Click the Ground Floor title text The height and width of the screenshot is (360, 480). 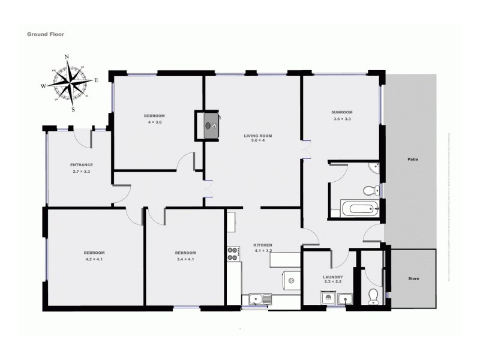pos(46,34)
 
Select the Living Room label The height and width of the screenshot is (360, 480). pos(257,136)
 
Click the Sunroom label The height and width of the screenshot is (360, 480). pos(341,112)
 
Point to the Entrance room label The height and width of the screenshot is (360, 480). pos(81,165)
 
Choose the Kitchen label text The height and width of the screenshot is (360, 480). pos(263,245)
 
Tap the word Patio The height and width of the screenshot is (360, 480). pos(412,160)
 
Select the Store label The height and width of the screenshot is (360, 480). pos(413,279)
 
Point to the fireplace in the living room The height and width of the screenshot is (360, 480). pos(209,125)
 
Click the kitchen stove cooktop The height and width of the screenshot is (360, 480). pos(233,253)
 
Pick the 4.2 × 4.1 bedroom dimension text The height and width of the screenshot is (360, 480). pos(94,260)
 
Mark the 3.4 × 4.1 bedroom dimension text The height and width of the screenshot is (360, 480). pos(186,260)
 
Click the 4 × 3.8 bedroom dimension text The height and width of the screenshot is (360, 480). pos(154,122)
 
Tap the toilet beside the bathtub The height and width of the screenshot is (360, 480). pos(370,190)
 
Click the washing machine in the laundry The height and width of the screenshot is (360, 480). pos(328,298)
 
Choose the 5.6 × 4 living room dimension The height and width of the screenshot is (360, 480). pos(257,142)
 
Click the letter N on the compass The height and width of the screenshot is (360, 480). pos(67,57)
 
